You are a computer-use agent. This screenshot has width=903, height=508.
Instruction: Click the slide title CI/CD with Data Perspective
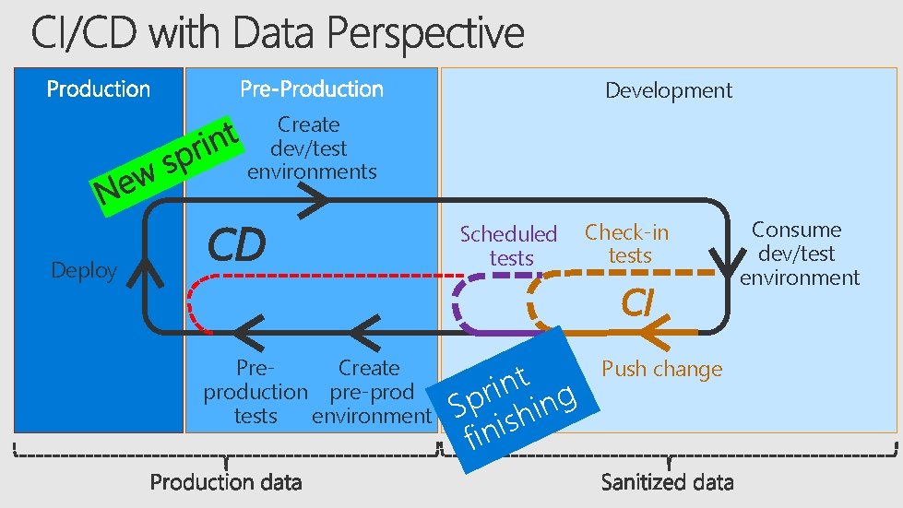tap(277, 35)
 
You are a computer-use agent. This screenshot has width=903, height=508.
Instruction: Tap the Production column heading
tap(98, 89)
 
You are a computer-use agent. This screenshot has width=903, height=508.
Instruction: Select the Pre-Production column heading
tap(312, 89)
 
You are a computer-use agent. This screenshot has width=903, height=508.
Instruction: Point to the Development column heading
tap(669, 90)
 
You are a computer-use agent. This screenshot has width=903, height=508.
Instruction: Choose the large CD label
tap(236, 245)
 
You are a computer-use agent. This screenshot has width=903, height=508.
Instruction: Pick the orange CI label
tap(636, 301)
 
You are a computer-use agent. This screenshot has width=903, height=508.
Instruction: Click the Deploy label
tap(84, 270)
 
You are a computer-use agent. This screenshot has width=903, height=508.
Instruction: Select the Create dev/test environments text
tap(311, 148)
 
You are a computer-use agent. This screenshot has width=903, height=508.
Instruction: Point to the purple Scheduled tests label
tap(509, 246)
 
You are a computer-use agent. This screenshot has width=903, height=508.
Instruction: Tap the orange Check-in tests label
tap(627, 243)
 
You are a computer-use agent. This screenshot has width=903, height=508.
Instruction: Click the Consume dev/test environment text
tap(799, 254)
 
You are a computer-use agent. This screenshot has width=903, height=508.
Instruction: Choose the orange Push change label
tap(661, 370)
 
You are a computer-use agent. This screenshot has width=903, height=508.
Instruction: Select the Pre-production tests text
tap(255, 392)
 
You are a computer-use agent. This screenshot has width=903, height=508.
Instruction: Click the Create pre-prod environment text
tap(371, 392)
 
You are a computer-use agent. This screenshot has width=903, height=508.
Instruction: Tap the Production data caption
tap(226, 481)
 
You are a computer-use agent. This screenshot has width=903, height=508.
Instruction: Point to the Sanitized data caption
tap(667, 481)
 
